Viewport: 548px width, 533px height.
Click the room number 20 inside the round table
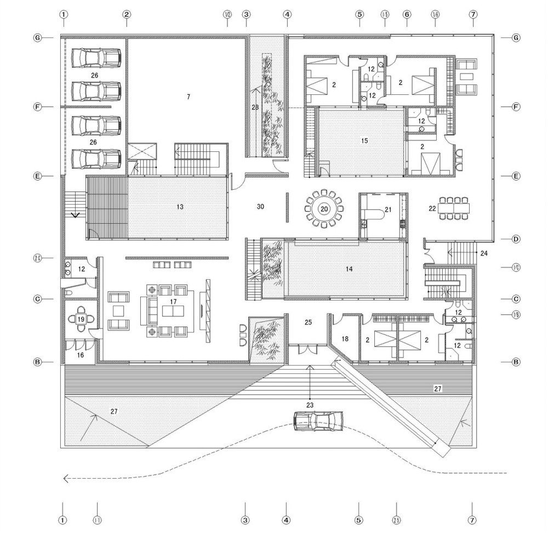click(324, 209)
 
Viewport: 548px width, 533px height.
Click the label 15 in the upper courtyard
click(364, 141)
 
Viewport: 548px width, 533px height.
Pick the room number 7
click(188, 97)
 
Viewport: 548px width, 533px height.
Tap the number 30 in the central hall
click(261, 207)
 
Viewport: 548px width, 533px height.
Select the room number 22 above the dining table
click(433, 209)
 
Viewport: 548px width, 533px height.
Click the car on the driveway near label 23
click(318, 421)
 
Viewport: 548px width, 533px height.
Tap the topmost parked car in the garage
click(96, 56)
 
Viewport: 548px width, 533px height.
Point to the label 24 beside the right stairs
click(484, 253)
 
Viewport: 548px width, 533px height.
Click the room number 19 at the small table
click(81, 319)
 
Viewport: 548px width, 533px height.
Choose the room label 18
click(344, 339)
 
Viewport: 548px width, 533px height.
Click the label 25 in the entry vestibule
click(308, 323)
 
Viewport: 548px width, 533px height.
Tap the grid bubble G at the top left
click(38, 37)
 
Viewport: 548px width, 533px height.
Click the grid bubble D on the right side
click(515, 240)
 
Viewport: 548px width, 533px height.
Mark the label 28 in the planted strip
click(255, 107)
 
